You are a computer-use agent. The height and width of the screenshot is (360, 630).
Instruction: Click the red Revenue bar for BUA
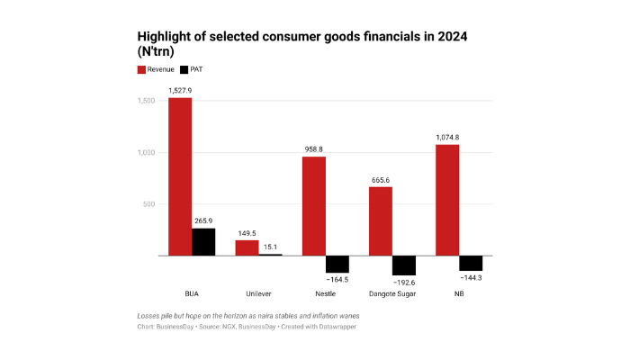pyautogui.click(x=180, y=176)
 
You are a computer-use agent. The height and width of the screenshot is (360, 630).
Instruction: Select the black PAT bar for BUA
pyautogui.click(x=203, y=242)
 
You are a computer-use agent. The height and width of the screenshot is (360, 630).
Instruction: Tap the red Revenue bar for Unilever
pyautogui.click(x=247, y=247)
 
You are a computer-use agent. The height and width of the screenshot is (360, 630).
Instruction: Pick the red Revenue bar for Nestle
pyautogui.click(x=313, y=206)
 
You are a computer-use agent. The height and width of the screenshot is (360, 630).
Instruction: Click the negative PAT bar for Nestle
pyautogui.click(x=337, y=264)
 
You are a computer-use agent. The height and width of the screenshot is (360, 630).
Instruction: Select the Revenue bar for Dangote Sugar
pyautogui.click(x=381, y=221)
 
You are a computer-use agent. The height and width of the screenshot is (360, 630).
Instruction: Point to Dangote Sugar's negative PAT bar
pyautogui.click(x=404, y=265)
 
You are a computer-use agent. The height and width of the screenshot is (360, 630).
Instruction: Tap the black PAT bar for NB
pyautogui.click(x=471, y=263)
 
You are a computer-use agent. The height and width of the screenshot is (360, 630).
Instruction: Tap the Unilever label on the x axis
pyautogui.click(x=258, y=293)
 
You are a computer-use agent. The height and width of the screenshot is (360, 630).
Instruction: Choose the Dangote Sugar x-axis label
pyautogui.click(x=392, y=293)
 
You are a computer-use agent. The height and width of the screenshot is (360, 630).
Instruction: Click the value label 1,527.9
pyautogui.click(x=180, y=90)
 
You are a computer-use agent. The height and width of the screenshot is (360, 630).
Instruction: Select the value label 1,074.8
pyautogui.click(x=447, y=137)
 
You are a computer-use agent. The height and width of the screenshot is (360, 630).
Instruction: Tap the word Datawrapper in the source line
pyautogui.click(x=335, y=327)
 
